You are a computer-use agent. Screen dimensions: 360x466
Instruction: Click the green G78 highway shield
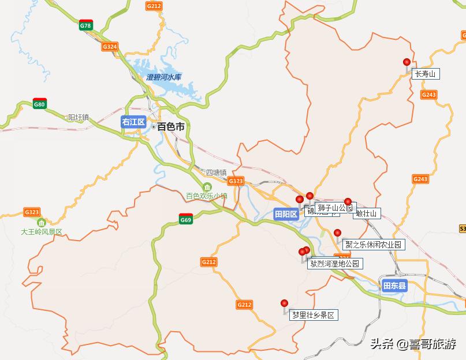(x=85, y=25)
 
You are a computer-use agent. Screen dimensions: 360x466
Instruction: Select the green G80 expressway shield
(x=39, y=104)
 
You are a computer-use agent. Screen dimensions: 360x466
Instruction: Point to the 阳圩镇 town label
(x=79, y=117)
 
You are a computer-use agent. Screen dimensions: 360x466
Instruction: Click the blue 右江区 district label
(x=133, y=122)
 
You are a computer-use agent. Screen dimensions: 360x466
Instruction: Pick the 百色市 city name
(x=171, y=126)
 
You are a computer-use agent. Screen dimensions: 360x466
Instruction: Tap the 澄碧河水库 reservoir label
(x=164, y=77)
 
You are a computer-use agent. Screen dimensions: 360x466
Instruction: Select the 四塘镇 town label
(x=217, y=172)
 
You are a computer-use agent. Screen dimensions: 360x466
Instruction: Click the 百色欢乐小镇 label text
(x=206, y=196)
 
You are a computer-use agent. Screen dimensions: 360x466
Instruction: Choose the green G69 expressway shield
(x=185, y=219)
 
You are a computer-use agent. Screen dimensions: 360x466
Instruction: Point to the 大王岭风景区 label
(x=41, y=232)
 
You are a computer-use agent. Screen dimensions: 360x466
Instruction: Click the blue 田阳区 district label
(x=286, y=214)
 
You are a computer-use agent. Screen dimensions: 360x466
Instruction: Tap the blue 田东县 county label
(x=395, y=285)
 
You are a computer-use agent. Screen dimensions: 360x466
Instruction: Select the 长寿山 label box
(x=426, y=74)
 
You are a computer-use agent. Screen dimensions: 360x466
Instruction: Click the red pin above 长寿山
(x=407, y=62)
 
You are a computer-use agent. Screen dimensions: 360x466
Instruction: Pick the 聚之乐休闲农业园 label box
(x=374, y=245)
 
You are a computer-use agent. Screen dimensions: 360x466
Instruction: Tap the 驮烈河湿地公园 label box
(x=335, y=264)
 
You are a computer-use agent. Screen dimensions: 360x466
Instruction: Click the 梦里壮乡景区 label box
(x=313, y=315)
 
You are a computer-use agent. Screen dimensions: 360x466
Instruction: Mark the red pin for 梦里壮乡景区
(x=284, y=303)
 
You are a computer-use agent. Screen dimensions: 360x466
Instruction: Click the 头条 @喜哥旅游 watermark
(x=413, y=344)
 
